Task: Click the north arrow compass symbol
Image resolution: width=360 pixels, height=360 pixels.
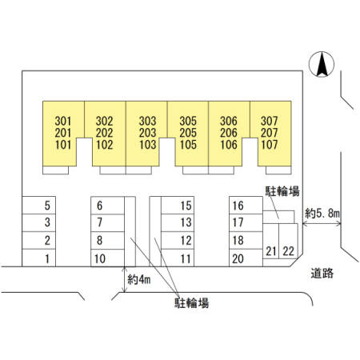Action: [322, 64]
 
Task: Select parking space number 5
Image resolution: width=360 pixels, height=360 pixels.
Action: [39, 206]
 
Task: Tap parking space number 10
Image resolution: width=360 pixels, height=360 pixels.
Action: [108, 258]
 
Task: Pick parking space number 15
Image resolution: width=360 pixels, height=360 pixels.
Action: [178, 206]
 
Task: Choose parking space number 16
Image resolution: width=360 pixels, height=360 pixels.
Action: [246, 206]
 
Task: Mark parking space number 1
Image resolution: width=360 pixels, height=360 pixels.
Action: [39, 258]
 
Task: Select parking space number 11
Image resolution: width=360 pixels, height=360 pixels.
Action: [178, 258]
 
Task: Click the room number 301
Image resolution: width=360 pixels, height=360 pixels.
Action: [63, 121]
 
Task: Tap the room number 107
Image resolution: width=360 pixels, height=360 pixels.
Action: [270, 145]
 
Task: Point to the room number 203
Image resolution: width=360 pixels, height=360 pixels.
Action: [147, 133]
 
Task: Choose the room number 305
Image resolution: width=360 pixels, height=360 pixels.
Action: [188, 121]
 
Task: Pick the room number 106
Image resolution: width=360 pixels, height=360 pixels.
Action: [229, 145]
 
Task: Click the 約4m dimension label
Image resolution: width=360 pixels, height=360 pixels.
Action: [139, 279]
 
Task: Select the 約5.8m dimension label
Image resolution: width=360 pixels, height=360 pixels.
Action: [322, 213]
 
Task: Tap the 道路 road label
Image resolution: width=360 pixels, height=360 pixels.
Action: [322, 273]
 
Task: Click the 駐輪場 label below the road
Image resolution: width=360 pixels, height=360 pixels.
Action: [191, 303]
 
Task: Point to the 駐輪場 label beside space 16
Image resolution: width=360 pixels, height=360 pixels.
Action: [282, 191]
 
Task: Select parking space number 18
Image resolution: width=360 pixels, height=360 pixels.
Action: [246, 240]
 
